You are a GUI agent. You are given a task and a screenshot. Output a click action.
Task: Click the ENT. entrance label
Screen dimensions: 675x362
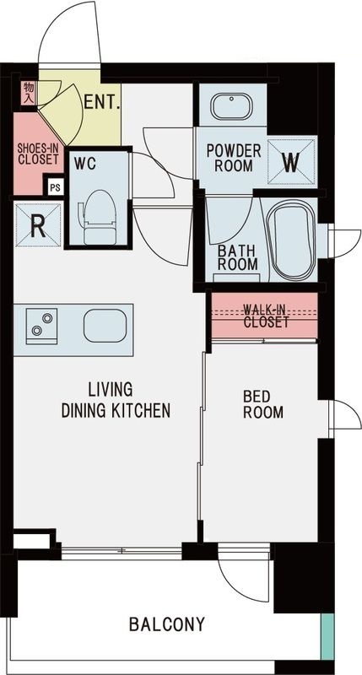tap(102, 105)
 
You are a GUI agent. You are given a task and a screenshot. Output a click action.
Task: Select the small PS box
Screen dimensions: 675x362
tap(55, 187)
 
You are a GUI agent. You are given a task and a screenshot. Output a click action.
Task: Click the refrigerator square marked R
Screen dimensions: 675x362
tap(37, 225)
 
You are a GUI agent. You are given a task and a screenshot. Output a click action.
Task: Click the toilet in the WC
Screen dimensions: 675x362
tap(97, 211)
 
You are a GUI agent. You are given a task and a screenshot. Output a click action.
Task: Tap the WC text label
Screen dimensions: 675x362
tap(85, 161)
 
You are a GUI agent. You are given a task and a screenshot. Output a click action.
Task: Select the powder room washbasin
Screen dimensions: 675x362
tap(231, 107)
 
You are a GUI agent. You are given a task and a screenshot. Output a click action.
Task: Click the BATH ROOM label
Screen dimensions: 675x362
tap(237, 256)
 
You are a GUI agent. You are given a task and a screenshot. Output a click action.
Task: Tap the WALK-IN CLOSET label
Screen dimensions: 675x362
tap(265, 315)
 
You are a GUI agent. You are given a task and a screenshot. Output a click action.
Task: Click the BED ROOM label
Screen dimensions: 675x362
tap(262, 404)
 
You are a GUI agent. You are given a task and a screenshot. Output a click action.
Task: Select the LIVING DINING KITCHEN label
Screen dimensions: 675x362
tap(116, 401)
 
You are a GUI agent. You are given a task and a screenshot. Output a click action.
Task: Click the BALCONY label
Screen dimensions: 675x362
tap(167, 625)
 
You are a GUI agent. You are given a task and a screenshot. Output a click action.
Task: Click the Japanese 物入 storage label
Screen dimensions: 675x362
tap(28, 91)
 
